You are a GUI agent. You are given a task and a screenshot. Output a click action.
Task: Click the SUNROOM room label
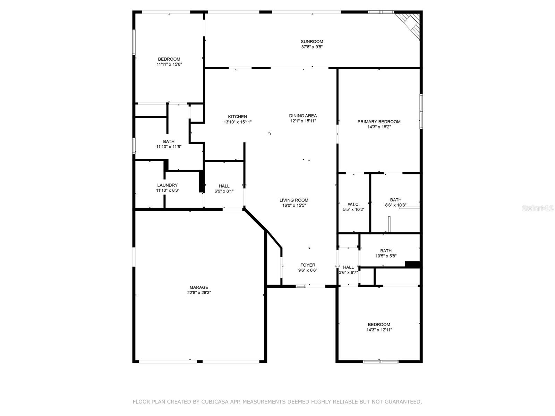312,42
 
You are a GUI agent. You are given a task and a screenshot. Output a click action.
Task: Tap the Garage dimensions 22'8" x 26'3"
199,293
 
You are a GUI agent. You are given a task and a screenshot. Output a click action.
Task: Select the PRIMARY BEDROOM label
379,122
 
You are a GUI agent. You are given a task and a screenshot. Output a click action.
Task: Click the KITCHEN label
237,117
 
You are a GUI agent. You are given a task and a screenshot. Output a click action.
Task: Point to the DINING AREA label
303,116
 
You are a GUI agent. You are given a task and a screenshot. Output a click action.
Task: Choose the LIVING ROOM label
294,200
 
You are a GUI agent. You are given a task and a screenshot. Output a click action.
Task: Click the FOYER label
308,265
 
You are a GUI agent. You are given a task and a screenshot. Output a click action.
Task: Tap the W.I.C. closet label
353,204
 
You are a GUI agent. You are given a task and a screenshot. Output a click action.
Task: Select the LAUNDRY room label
167,185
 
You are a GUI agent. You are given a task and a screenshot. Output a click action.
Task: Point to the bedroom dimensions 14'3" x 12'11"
379,330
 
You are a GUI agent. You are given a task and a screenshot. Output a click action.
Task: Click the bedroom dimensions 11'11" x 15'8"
169,64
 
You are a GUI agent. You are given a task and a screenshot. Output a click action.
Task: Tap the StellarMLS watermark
538,208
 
